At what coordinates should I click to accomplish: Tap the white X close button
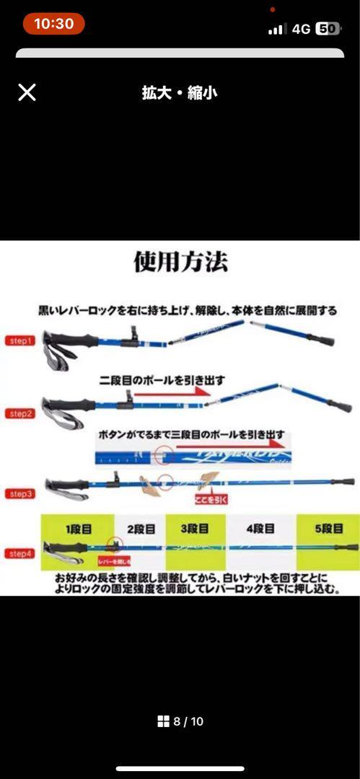27,92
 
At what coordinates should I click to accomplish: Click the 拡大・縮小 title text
180,93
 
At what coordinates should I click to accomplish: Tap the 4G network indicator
301,28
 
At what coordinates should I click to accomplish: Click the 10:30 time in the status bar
53,24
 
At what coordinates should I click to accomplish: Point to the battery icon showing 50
328,28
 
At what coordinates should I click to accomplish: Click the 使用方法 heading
180,261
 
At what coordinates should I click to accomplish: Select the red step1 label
20,340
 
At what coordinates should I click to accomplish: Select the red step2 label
20,413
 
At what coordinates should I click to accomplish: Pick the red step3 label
20,493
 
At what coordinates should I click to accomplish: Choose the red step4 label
20,553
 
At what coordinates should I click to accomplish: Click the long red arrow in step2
172,394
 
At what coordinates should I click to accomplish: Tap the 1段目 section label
79,529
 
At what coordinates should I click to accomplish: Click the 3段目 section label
195,529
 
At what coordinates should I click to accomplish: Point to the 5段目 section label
328,529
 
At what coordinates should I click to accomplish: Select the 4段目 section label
260,529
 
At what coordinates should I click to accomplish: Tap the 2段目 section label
141,529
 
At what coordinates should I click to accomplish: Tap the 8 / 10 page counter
188,721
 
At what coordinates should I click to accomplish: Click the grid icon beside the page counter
163,721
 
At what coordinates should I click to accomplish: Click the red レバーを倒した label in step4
114,560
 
